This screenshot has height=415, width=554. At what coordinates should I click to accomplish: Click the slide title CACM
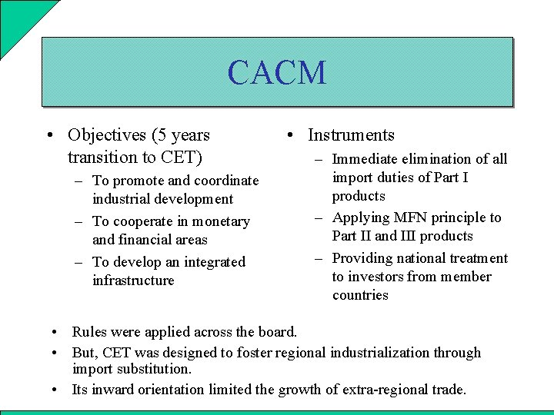(x=277, y=73)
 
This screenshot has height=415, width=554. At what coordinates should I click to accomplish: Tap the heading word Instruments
(x=351, y=135)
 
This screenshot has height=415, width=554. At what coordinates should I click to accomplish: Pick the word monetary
(x=223, y=221)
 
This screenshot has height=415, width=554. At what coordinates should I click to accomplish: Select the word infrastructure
(x=133, y=281)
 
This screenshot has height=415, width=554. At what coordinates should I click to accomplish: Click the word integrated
(x=214, y=262)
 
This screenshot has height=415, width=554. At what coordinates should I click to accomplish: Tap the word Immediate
(x=364, y=159)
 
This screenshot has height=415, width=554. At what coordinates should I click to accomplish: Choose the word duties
(x=399, y=178)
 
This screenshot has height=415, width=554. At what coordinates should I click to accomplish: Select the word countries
(x=360, y=295)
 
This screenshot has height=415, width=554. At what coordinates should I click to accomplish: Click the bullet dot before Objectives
(x=49, y=136)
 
